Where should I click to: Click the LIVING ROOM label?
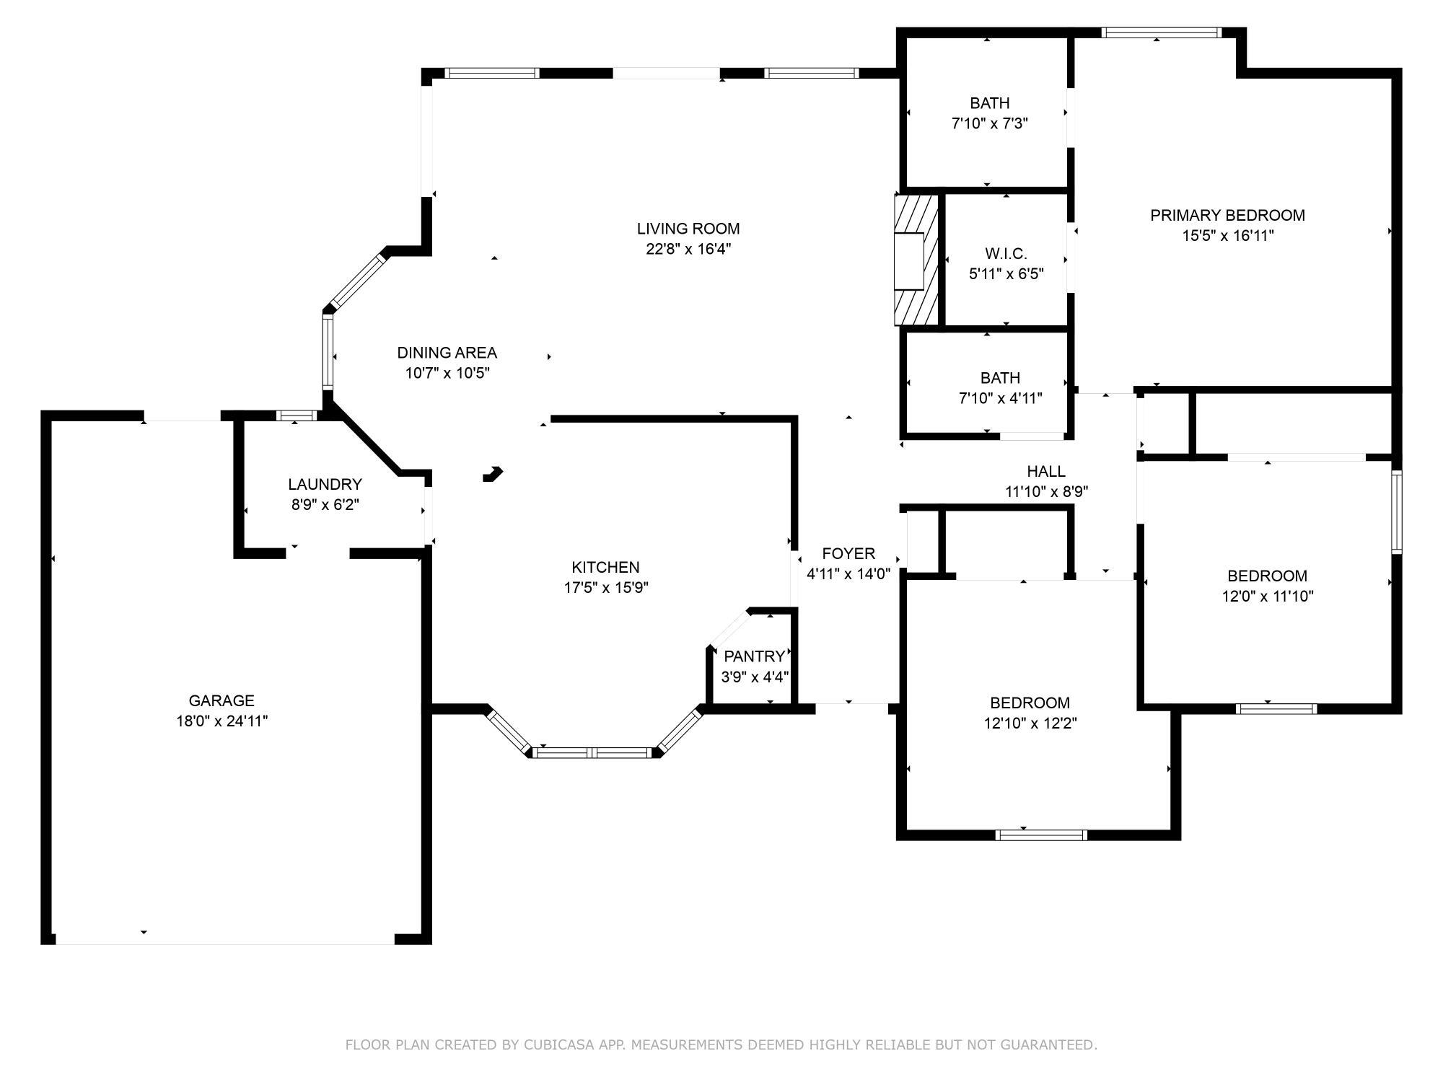coord(688,229)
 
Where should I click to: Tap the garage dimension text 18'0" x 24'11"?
coord(222,721)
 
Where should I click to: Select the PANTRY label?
coord(754,656)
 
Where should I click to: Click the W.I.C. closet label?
coord(1006,254)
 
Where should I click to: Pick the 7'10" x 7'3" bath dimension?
coord(989,123)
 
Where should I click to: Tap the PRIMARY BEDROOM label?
coord(1227,215)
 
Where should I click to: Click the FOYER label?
coord(848,553)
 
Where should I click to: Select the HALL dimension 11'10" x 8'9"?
coord(1046,492)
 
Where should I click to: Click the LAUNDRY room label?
coord(325,484)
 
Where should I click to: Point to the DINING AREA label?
coord(447,353)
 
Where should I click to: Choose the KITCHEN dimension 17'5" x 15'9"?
coord(605,588)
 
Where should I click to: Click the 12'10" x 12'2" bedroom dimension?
coord(1030,723)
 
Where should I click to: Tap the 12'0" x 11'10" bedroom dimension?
coord(1267,597)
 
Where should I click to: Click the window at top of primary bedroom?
coord(1161,32)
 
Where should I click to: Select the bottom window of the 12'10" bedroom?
coord(1040,835)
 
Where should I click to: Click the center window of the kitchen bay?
coord(592,753)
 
